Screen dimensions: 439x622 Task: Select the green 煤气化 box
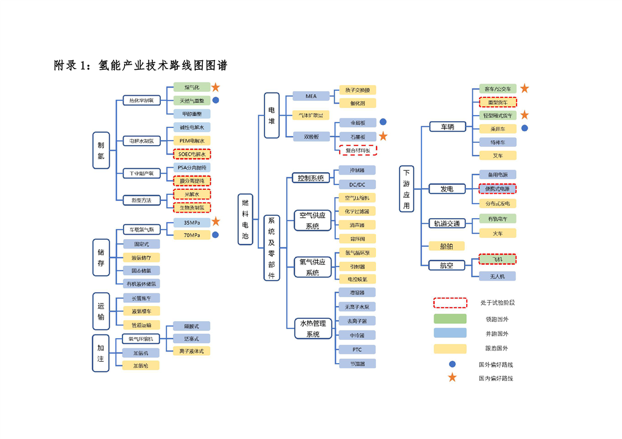[x=188, y=87]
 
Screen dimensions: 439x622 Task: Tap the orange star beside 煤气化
[x=216, y=87]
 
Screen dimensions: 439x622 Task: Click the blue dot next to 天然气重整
[x=216, y=100]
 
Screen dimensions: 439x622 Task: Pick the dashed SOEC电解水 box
[x=192, y=154]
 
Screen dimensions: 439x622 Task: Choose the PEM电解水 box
[x=192, y=141]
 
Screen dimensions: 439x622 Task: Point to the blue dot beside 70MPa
[x=216, y=235]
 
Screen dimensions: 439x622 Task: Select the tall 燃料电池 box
[x=245, y=219]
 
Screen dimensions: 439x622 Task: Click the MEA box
[x=311, y=96]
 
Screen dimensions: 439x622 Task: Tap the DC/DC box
[x=357, y=184]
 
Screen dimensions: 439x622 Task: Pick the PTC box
[x=357, y=349]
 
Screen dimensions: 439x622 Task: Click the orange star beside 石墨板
[x=383, y=136]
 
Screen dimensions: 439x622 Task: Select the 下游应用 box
[x=406, y=188]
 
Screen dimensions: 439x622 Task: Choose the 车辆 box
[x=447, y=127]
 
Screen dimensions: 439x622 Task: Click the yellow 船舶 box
[x=447, y=246]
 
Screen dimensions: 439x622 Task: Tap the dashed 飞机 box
[x=497, y=259]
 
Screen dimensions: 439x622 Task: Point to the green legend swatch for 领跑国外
[x=450, y=319]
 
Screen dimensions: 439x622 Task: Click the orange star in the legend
[x=452, y=378]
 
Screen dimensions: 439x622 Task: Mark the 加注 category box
[x=101, y=353]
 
